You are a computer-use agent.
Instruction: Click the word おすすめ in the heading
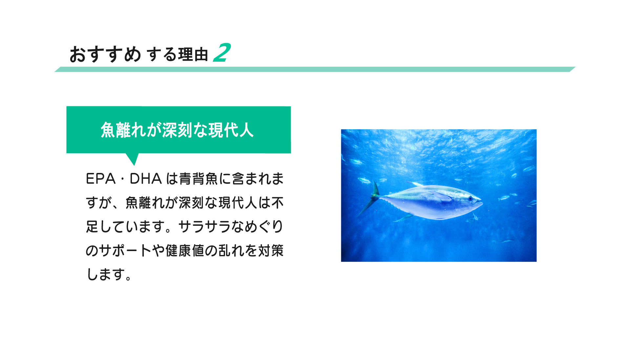105,54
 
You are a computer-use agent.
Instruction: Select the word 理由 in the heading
193,54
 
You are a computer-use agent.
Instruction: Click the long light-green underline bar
315,69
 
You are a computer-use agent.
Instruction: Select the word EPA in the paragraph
100,179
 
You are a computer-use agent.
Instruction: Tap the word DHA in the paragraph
146,179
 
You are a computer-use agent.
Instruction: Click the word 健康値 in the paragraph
185,251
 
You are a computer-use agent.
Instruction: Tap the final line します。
109,274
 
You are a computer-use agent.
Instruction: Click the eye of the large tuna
470,198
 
